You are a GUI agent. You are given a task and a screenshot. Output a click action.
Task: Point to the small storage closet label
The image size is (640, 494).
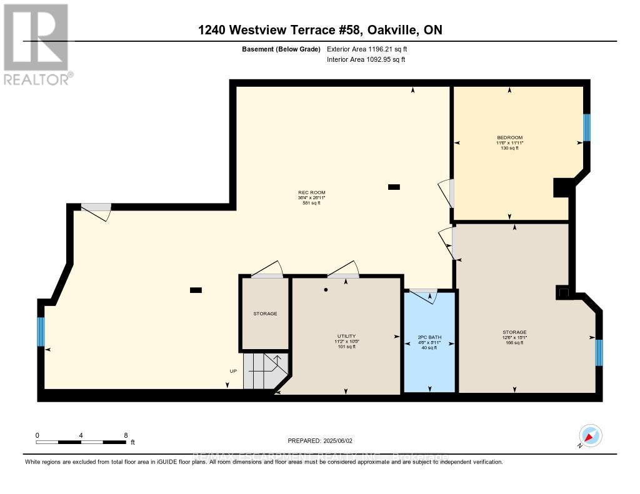pos(265,314)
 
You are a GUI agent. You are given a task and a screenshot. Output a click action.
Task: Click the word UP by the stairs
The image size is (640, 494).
pos(233,371)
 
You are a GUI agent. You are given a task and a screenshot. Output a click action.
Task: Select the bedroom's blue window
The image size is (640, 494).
pos(586,127)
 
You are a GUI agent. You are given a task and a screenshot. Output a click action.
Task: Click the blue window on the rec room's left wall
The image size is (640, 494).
pos(41,332)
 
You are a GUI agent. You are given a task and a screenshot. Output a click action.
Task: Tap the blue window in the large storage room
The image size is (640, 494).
pos(599,352)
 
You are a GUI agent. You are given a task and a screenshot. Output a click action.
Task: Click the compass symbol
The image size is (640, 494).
pos(590,435)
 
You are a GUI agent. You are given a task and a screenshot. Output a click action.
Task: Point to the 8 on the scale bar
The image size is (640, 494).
pos(126,435)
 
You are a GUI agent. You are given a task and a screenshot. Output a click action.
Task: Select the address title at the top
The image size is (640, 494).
pos(319,30)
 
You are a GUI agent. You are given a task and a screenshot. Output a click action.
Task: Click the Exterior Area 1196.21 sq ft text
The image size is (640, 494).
pos(367,49)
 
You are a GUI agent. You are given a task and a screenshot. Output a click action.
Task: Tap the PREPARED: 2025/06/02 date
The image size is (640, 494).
pos(319,440)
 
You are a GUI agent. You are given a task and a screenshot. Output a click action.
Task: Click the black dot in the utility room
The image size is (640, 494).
pos(326,290)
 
